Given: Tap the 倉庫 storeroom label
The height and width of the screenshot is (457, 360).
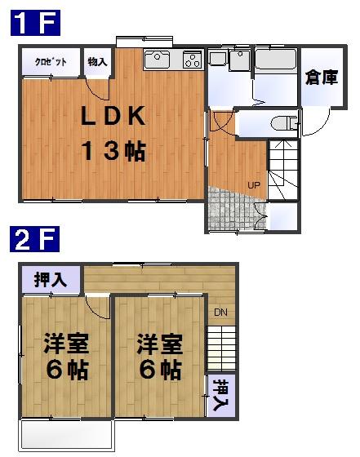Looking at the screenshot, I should click(x=322, y=78).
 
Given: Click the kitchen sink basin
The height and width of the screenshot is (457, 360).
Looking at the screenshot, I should click(x=157, y=60).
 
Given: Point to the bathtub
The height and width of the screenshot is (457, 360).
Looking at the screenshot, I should click(x=276, y=64).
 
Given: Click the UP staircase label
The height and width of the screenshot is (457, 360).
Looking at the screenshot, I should click(x=254, y=185).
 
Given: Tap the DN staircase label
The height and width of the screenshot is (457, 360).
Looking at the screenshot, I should click(x=220, y=313).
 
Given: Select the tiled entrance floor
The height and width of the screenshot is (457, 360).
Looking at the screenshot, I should click(x=229, y=208).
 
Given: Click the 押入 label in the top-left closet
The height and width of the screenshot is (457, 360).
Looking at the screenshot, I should click(x=51, y=280).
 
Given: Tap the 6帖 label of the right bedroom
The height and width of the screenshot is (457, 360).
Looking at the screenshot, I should click(x=159, y=370).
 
